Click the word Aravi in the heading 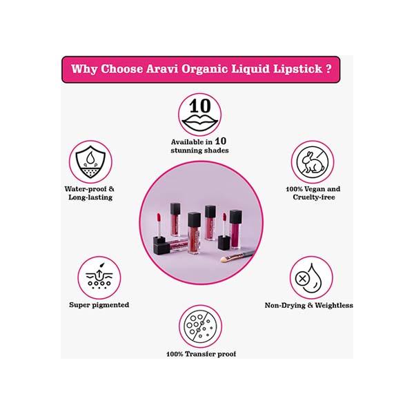[x=162, y=69]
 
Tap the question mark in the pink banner [x=328, y=68]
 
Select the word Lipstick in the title [x=297, y=70]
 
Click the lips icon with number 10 [x=200, y=115]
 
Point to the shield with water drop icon [x=90, y=162]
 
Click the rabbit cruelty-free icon [x=313, y=162]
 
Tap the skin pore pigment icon [x=99, y=278]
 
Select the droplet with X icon [x=311, y=278]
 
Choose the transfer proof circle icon [x=200, y=326]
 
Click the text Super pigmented [x=99, y=305]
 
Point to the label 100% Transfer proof [x=201, y=354]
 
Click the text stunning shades [x=199, y=150]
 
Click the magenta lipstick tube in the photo [x=235, y=229]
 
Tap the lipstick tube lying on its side [x=170, y=245]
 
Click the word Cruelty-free [x=314, y=197]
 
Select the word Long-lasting [x=90, y=197]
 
